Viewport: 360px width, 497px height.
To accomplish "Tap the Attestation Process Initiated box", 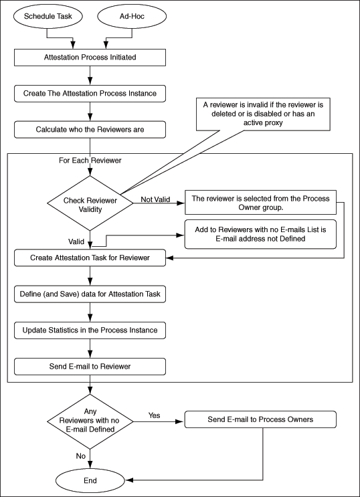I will coord(90,58).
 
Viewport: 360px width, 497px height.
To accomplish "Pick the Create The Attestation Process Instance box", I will coord(90,93).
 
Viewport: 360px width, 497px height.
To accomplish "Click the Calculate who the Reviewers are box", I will coord(90,128).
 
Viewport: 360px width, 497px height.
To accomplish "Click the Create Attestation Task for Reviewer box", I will coord(90,258).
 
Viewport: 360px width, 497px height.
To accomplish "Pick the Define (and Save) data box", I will coord(90,294).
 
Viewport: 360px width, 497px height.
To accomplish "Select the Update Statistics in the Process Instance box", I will coord(90,330).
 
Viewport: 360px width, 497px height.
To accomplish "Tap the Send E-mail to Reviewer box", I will coord(90,366).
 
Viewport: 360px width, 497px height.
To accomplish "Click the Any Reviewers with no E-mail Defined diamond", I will coord(89,421).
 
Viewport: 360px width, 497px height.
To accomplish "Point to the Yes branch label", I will coord(155,415).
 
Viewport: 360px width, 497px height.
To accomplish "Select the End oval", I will coord(89,480).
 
